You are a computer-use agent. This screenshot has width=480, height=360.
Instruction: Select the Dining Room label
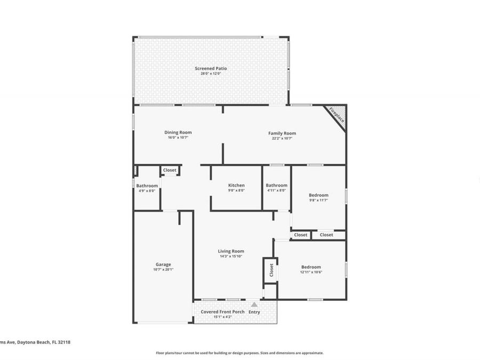click(178, 132)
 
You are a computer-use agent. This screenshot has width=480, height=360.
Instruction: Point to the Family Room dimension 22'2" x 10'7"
click(282, 138)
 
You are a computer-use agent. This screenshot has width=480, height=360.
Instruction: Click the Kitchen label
click(236, 185)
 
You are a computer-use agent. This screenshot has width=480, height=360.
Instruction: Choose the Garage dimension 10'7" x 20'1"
click(163, 269)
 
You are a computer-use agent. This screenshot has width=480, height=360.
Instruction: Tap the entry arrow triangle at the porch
click(254, 305)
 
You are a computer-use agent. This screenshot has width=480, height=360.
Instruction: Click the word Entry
click(254, 312)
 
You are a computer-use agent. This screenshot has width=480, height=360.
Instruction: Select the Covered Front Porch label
click(222, 311)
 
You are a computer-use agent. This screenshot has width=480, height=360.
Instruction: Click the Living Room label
click(231, 251)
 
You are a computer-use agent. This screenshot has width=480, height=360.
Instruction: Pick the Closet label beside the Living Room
click(271, 270)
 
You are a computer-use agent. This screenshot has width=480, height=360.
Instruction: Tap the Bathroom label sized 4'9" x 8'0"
click(147, 185)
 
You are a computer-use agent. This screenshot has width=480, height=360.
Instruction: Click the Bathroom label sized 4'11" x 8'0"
click(276, 185)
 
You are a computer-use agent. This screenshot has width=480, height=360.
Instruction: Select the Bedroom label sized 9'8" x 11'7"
click(318, 195)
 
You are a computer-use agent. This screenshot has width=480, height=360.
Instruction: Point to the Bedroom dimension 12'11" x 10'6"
click(311, 272)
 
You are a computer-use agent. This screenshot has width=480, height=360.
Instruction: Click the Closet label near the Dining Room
click(170, 170)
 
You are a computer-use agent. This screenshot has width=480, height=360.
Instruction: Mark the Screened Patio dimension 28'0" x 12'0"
click(210, 74)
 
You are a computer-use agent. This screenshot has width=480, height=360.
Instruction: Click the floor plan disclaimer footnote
click(239, 353)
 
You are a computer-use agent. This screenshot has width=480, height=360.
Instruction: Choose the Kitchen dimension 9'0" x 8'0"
click(236, 190)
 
